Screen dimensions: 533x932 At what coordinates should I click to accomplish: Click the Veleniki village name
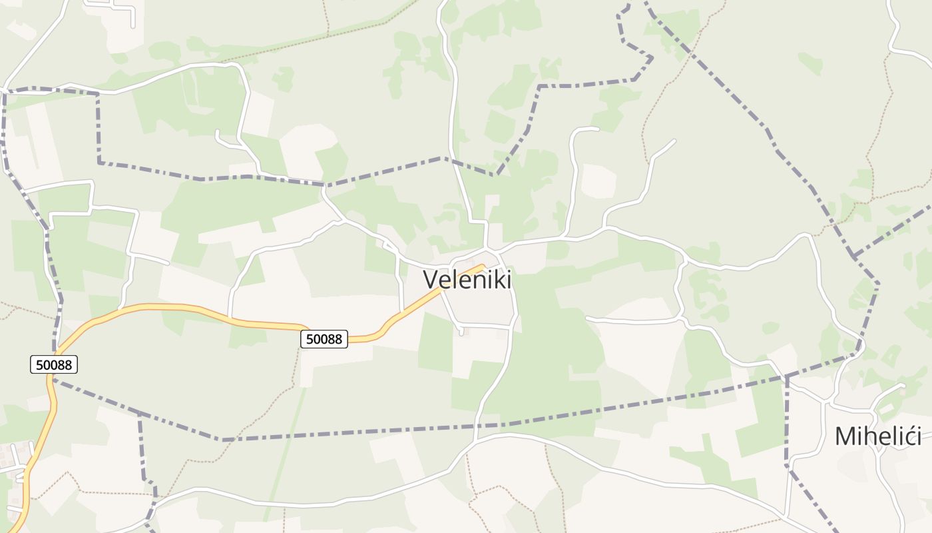coord(467,279)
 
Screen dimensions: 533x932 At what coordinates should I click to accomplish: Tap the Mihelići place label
coord(878,436)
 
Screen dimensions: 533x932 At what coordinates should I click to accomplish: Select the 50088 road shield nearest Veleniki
coord(324,339)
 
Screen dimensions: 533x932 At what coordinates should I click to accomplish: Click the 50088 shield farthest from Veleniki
coord(54,364)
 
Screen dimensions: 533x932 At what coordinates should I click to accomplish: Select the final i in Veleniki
coord(509,279)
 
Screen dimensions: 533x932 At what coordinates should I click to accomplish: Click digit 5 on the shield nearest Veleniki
coord(310,339)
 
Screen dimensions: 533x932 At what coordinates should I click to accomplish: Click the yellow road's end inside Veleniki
coord(482,266)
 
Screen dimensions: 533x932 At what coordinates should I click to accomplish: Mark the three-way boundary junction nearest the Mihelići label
coord(786,377)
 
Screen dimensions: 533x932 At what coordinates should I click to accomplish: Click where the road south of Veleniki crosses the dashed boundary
coord(477,425)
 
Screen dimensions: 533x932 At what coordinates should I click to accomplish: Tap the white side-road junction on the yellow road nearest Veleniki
coord(402,311)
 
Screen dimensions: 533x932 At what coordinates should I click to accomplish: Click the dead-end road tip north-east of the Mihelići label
coord(903,384)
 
